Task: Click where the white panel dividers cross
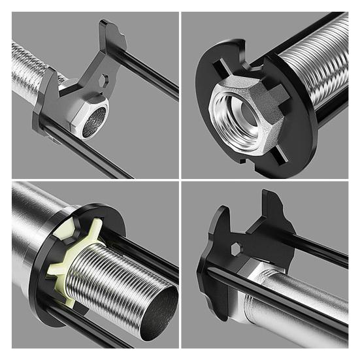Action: (x=180, y=180)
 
